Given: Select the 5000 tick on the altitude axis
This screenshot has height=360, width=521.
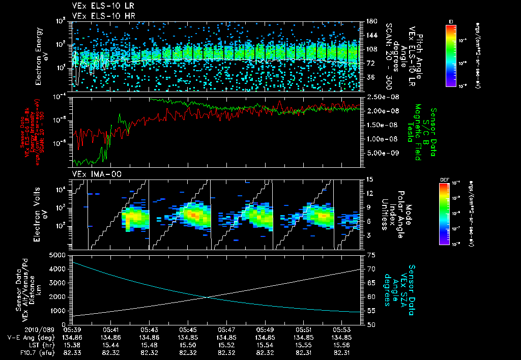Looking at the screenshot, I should coord(59,255).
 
